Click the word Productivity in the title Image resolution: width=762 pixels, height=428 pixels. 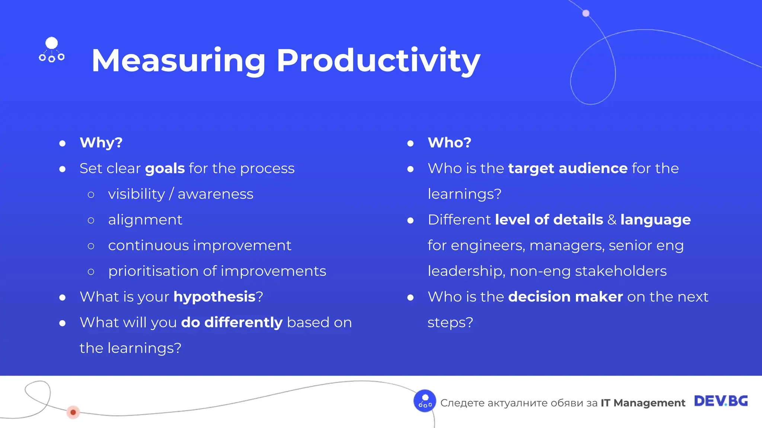(x=378, y=61)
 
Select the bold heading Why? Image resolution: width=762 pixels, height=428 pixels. (x=101, y=143)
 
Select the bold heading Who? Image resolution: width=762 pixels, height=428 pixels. (x=449, y=143)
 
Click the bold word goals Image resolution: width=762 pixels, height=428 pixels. (x=165, y=168)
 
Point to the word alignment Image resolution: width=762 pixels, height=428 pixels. (x=145, y=220)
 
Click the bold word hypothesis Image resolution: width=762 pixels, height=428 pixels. (x=214, y=297)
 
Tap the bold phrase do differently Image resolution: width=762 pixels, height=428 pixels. (x=232, y=322)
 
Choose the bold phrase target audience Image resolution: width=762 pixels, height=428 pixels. (x=568, y=168)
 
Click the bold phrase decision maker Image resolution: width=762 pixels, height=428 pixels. (x=565, y=297)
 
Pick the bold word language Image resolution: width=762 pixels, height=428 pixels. (x=655, y=220)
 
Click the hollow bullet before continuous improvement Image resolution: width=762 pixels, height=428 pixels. (x=91, y=246)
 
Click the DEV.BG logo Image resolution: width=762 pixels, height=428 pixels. (x=721, y=401)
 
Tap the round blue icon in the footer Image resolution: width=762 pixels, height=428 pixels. (x=425, y=401)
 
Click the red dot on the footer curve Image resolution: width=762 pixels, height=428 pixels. (x=73, y=412)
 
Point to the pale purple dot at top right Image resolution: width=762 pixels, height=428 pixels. (x=586, y=13)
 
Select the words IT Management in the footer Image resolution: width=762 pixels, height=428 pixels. (x=643, y=403)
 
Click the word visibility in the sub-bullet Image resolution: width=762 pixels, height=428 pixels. (x=136, y=194)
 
